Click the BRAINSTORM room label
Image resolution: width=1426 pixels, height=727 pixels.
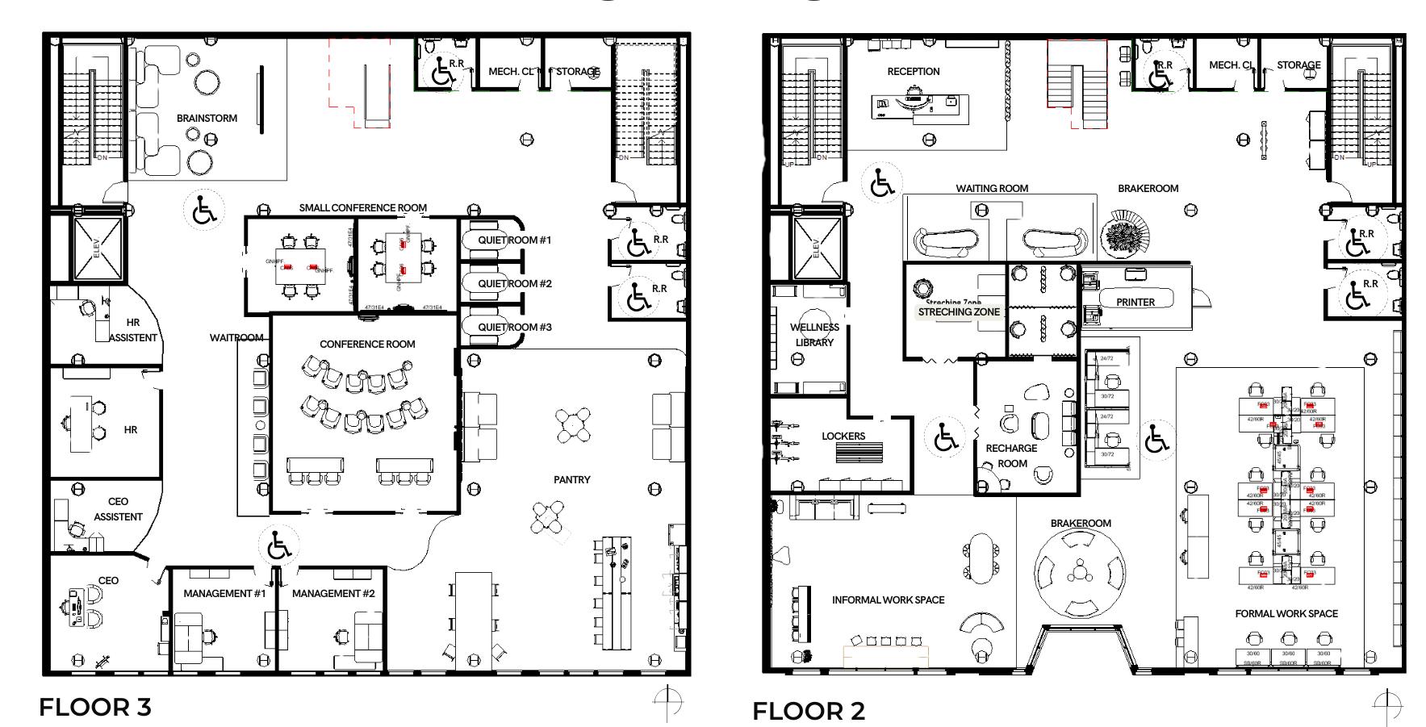point(207,119)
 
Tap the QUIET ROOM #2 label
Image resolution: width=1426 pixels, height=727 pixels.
point(514,284)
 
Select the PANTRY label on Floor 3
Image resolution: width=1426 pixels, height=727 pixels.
point(571,480)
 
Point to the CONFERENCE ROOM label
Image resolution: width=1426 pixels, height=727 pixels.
point(367,345)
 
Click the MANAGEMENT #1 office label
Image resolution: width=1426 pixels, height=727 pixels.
point(224,594)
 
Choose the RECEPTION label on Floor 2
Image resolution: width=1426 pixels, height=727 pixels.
point(913,72)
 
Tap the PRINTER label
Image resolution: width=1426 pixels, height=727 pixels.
point(1135,303)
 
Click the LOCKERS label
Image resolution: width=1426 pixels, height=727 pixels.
point(843,437)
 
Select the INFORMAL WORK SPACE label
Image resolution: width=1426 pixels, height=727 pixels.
point(888,600)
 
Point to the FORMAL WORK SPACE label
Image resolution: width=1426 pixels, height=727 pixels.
point(1286,614)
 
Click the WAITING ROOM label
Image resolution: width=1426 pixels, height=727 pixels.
point(992,189)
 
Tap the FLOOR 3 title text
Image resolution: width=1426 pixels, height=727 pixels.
point(94,708)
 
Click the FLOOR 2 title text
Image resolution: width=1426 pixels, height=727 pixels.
point(808,712)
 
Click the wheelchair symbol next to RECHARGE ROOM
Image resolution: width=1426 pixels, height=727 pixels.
point(944,439)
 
